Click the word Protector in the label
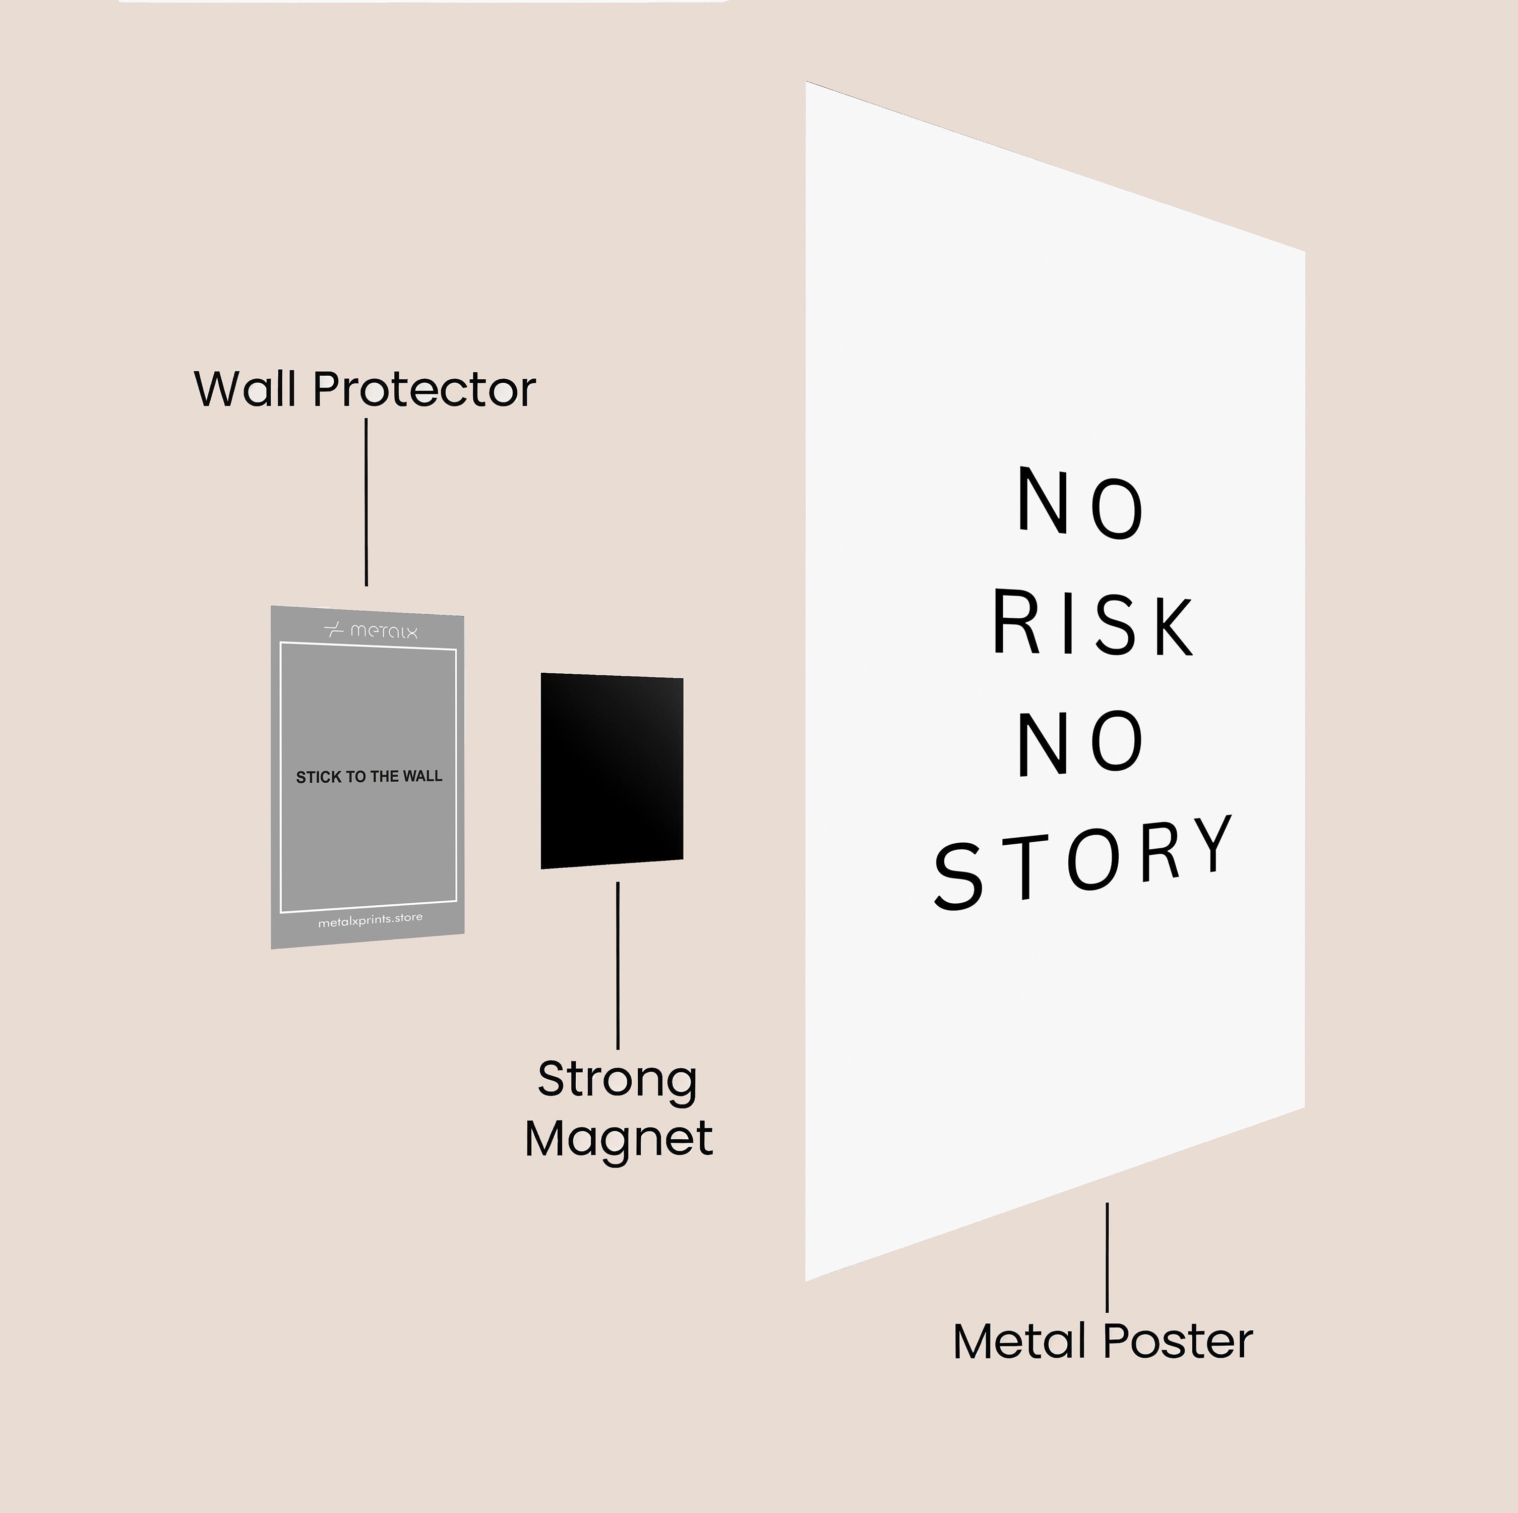(424, 389)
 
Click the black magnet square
(612, 770)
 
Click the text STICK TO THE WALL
(369, 777)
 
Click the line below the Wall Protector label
(366, 502)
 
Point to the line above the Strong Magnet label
(618, 965)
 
